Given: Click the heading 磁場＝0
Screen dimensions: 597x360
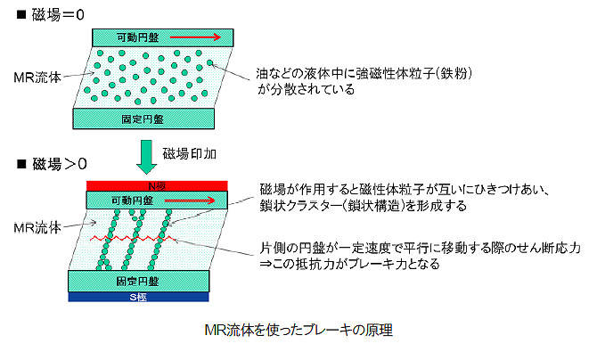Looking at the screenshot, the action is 58,15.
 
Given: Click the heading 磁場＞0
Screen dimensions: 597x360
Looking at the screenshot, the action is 60,164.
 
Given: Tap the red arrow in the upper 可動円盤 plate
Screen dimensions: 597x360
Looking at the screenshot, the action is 195,37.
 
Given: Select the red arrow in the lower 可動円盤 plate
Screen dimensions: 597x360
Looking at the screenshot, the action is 190,200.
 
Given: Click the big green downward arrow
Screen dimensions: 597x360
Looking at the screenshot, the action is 147,157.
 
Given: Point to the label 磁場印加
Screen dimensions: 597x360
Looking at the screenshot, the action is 190,154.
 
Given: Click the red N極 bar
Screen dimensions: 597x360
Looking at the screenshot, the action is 157,186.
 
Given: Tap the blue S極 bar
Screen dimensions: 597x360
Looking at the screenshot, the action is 139,297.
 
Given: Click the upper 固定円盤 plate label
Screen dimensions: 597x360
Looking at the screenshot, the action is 143,119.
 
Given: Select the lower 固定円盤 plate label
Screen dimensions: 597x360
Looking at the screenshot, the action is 137,282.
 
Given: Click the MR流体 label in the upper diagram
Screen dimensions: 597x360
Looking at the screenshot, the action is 37,78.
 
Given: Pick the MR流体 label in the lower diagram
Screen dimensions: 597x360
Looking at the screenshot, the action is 37,228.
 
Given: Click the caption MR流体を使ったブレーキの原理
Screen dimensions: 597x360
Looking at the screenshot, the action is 298,330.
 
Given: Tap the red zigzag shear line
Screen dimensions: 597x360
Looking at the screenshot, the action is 134,239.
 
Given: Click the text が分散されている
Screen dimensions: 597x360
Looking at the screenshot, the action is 307,89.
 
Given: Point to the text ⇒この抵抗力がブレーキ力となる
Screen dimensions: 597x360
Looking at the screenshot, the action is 349,264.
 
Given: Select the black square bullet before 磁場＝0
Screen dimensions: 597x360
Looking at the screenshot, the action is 21,15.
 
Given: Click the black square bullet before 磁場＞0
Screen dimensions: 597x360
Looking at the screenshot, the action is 21,164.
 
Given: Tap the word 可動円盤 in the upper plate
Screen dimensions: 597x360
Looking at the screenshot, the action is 137,37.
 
